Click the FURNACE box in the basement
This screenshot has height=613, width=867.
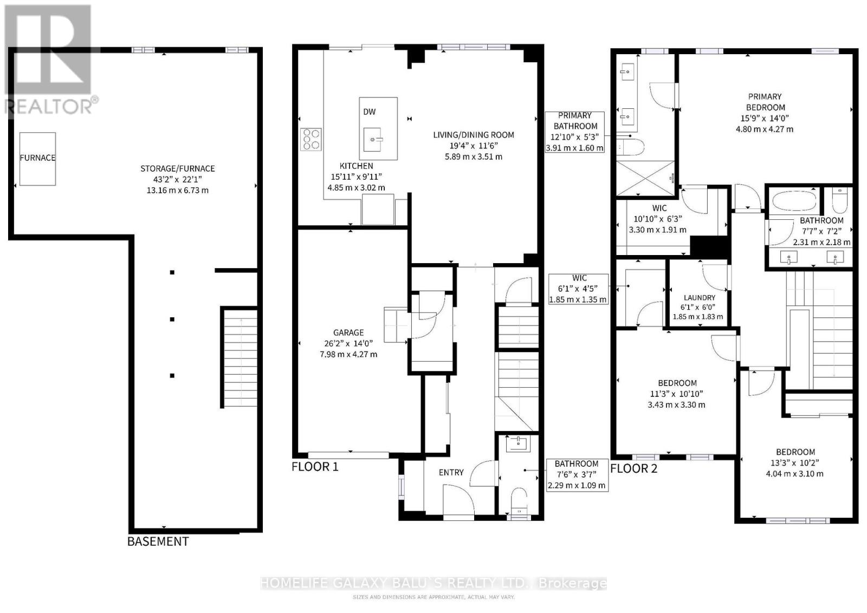[x=37, y=159]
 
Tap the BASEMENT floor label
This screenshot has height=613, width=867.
[x=158, y=542]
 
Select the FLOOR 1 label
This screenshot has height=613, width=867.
[x=315, y=467]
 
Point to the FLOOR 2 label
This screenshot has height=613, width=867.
[x=633, y=469]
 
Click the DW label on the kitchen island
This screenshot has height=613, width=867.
[x=369, y=112]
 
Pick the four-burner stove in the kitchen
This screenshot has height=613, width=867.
[x=311, y=139]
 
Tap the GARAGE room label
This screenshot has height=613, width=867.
[x=348, y=332]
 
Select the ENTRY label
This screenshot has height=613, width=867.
[x=451, y=473]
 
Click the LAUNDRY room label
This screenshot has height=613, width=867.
[x=700, y=298]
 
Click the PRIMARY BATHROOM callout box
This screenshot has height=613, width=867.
[x=575, y=132]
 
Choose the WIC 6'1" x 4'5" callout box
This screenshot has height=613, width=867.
[x=579, y=289]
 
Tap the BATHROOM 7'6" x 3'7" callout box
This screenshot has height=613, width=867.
[x=577, y=475]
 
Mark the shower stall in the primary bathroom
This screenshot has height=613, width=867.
[x=645, y=178]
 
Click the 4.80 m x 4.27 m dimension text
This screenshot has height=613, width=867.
[x=765, y=129]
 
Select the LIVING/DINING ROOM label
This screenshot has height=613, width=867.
[x=474, y=135]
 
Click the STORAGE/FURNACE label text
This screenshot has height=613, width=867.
[x=177, y=168]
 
